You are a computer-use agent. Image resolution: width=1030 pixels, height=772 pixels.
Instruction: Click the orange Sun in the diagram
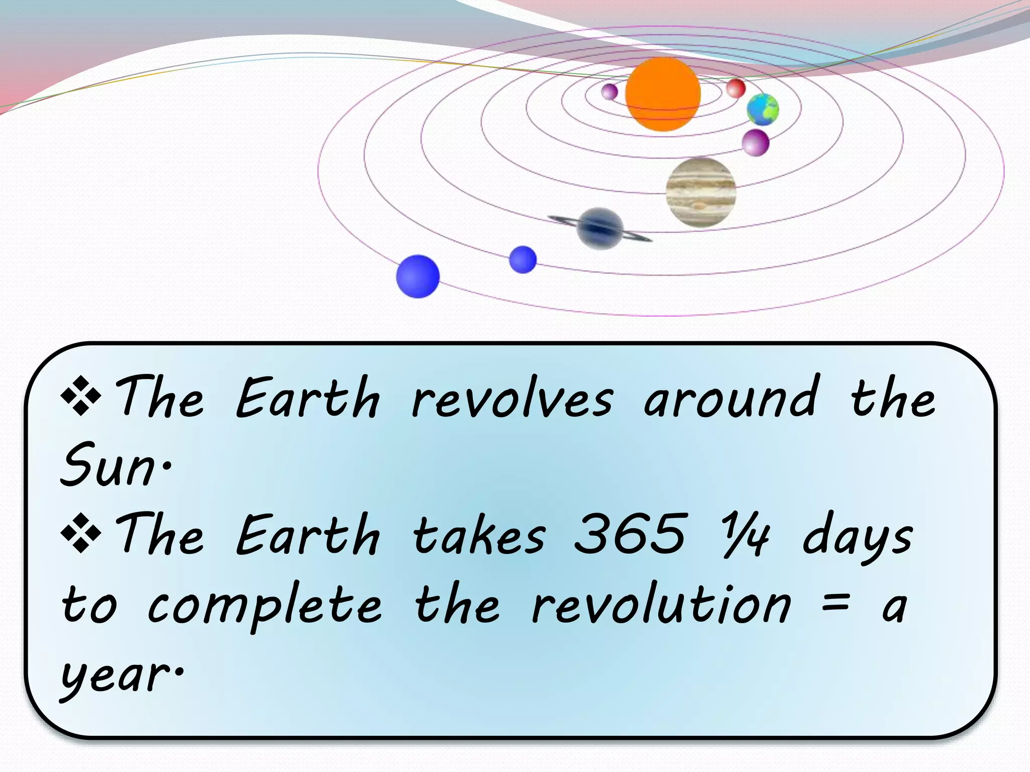pyautogui.click(x=663, y=94)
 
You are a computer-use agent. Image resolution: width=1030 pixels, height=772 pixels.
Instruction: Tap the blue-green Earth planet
pyautogui.click(x=762, y=109)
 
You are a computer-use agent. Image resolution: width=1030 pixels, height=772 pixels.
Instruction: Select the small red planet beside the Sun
pyautogui.click(x=736, y=88)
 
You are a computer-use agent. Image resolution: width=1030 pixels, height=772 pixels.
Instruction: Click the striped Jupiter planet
pyautogui.click(x=701, y=192)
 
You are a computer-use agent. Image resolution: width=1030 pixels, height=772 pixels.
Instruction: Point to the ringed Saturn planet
pyautogui.click(x=600, y=228)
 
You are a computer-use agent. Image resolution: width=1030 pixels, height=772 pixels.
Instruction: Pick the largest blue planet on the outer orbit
pyautogui.click(x=417, y=276)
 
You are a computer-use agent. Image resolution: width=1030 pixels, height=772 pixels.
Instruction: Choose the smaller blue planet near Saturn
pyautogui.click(x=523, y=260)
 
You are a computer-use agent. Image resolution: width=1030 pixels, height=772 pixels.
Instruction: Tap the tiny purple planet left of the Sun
pyautogui.click(x=610, y=91)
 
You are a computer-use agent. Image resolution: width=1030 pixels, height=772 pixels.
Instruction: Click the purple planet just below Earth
pyautogui.click(x=755, y=143)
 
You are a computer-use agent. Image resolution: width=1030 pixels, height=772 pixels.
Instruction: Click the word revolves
pyautogui.click(x=512, y=400)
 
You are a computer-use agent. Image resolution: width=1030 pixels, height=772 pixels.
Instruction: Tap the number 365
pyautogui.click(x=630, y=534)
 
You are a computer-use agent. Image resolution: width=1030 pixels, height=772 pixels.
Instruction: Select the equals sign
pyautogui.click(x=836, y=603)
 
